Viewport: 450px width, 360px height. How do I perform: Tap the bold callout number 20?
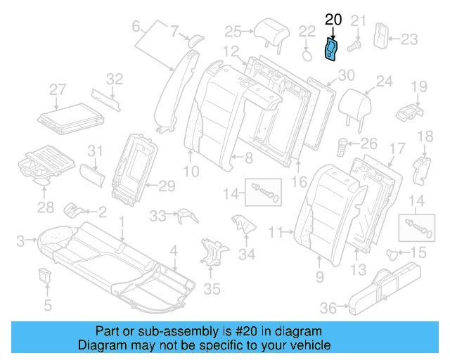click(333, 20)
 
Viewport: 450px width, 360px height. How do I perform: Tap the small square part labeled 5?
click(46, 275)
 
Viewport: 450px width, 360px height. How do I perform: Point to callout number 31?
click(94, 150)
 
